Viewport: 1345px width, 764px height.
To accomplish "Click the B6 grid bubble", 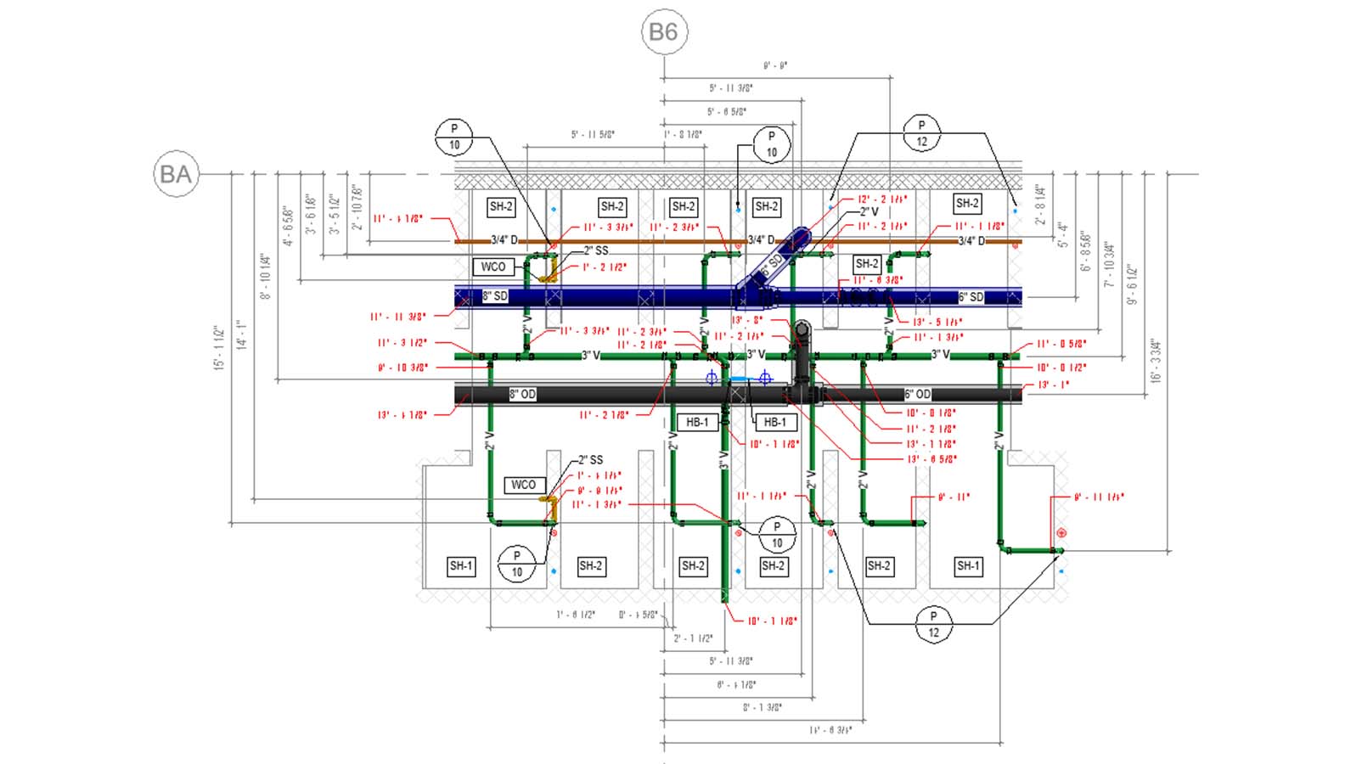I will (x=663, y=32).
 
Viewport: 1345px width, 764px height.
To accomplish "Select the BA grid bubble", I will (x=176, y=174).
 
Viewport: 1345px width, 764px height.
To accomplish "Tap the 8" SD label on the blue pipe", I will (x=495, y=296).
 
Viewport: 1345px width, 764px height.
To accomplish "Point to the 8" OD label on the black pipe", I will (x=522, y=394).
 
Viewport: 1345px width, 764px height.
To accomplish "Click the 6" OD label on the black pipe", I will (x=917, y=394).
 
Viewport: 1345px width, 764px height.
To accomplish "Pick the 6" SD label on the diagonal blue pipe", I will (x=771, y=265).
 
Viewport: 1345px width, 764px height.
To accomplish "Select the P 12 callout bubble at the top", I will (x=921, y=133).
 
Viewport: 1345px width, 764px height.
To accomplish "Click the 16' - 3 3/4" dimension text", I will (x=1155, y=362).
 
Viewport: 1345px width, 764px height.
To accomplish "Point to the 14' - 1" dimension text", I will (x=242, y=334).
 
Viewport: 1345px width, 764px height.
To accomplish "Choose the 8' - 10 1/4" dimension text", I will (x=266, y=277).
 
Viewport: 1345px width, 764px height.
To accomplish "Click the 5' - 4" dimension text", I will (x=1062, y=234).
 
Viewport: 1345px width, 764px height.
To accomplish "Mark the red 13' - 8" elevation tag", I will (x=747, y=320).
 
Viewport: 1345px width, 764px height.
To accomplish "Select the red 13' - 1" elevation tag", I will (x=1054, y=385).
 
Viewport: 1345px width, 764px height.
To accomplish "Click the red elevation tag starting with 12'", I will (x=882, y=199).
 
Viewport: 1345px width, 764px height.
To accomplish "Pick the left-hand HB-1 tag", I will (x=697, y=422).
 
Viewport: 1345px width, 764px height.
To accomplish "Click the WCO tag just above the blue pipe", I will (x=493, y=267).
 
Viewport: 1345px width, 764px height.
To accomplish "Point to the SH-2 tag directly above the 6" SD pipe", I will (x=866, y=263).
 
